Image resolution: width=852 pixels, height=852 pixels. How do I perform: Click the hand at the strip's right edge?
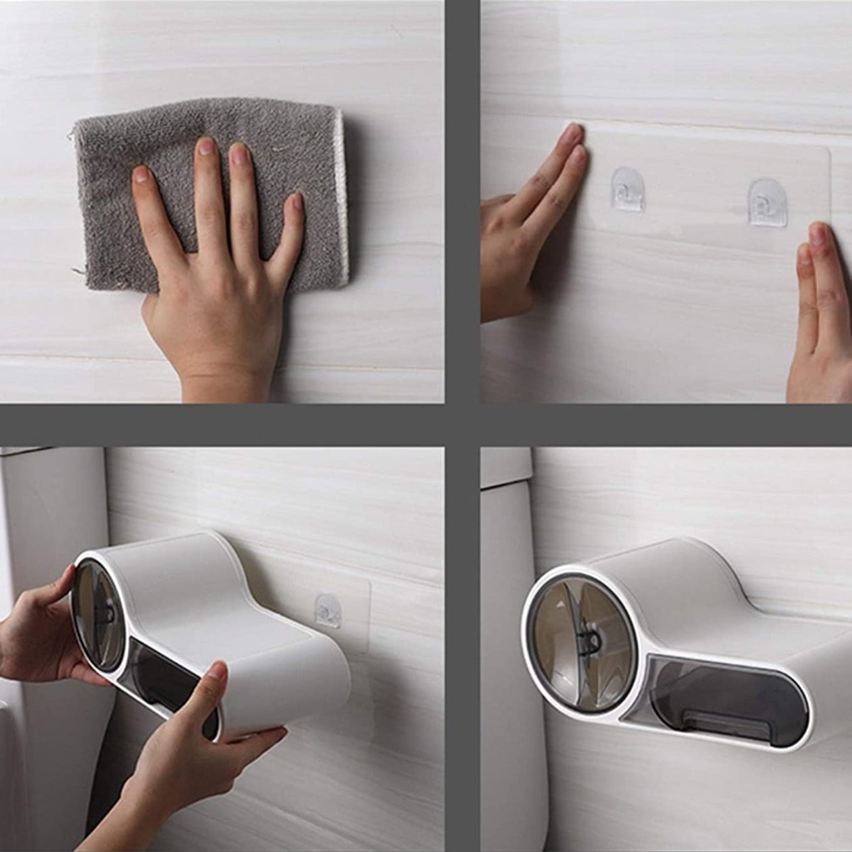point(818,316)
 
